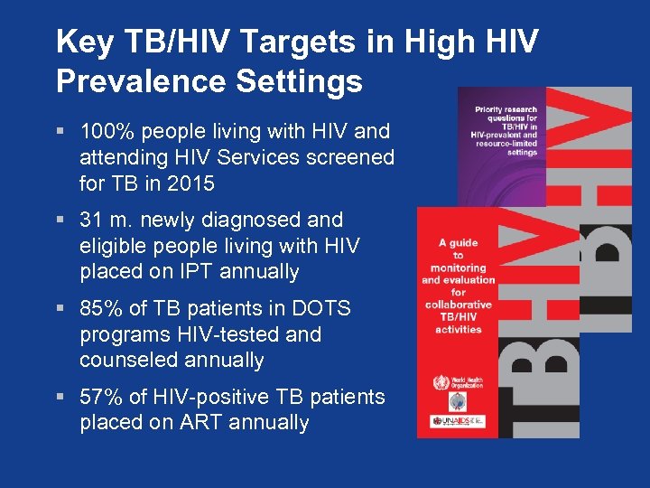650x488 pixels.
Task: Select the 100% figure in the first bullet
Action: coord(103,132)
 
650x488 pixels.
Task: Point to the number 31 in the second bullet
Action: coord(91,220)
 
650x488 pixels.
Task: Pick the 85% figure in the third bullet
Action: coord(99,308)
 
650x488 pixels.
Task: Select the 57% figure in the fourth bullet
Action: coord(99,397)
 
